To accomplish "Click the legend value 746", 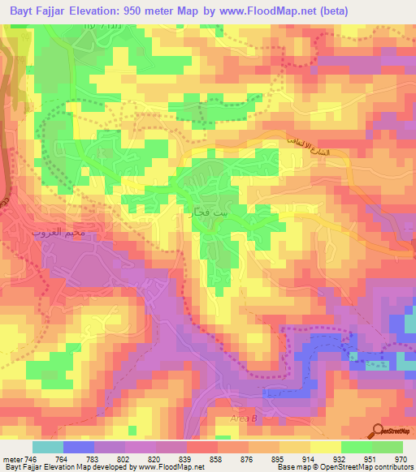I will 26,458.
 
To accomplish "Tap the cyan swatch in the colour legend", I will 48,447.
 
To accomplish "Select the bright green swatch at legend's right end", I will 388,447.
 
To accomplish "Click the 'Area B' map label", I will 242,418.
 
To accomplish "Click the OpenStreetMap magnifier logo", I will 378,431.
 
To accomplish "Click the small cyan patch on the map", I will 353,356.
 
